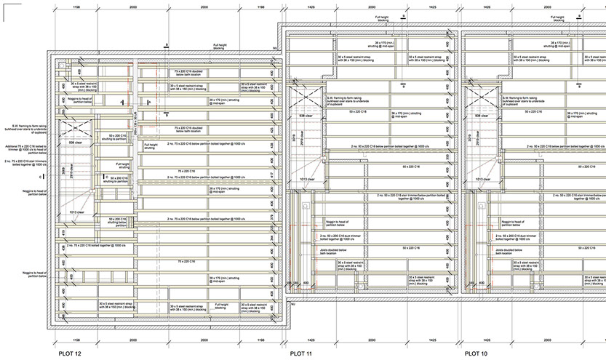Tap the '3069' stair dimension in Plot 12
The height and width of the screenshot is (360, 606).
click(64, 172)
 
